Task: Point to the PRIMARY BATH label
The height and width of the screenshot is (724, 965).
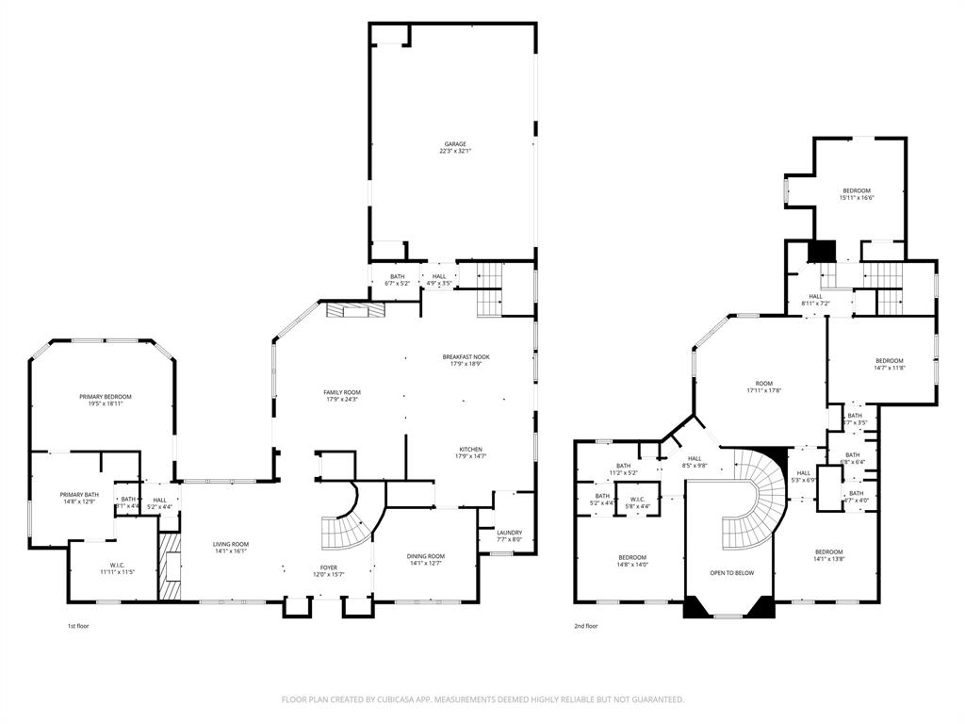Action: tap(79, 498)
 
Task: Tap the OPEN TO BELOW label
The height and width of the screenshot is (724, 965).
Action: tap(731, 572)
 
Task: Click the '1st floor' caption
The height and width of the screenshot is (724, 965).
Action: tap(78, 625)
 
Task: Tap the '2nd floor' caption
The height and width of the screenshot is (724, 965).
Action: tap(585, 625)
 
